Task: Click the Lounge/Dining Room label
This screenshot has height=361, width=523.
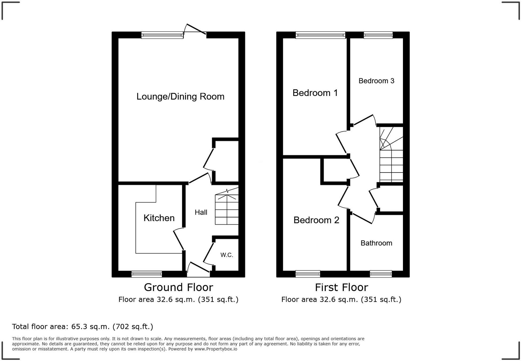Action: coord(180,96)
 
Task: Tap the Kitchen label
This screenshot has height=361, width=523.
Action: coord(159,218)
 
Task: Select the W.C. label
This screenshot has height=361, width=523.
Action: coord(227,255)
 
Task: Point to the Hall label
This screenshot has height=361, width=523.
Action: coord(201,212)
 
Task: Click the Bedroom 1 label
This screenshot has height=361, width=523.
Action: coord(315,93)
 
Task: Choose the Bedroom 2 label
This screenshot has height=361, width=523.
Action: coord(316,220)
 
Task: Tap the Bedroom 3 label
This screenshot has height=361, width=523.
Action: coord(376,81)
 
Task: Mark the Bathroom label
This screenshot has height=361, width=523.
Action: coord(376,243)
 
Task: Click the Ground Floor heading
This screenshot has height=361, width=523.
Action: coord(179,287)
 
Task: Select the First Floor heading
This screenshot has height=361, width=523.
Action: coord(341,287)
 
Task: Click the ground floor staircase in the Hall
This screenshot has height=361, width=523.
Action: coord(227,210)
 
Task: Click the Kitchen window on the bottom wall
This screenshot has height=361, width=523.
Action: coord(147,274)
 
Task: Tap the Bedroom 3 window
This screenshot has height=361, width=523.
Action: coord(378,35)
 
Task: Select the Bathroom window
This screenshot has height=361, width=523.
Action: coord(381,274)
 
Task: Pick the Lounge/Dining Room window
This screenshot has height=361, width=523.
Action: coord(162,35)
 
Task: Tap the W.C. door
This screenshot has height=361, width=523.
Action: coord(208,252)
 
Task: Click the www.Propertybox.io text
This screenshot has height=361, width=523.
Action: coord(216,349)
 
